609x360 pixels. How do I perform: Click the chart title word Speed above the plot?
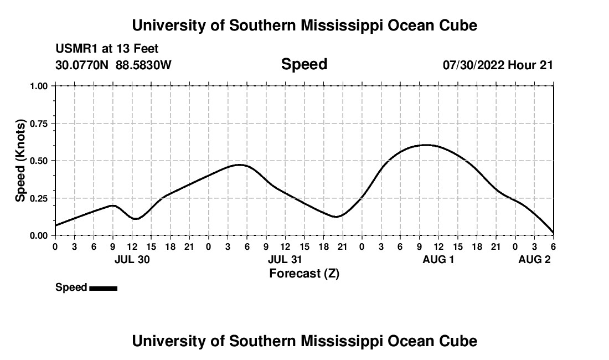(x=304, y=64)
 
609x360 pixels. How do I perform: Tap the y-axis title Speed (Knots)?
(x=20, y=160)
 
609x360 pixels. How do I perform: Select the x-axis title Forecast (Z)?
(x=304, y=273)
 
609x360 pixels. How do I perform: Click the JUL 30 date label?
(x=132, y=259)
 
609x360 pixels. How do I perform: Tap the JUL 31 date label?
(x=285, y=259)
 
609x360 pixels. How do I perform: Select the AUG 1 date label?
(x=438, y=259)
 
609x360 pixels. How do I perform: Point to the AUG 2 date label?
(x=534, y=259)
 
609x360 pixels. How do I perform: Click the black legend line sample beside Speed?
(x=103, y=288)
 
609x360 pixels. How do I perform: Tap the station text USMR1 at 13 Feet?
(x=107, y=49)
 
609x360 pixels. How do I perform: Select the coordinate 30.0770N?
(x=82, y=65)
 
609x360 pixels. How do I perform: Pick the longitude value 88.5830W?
(x=143, y=65)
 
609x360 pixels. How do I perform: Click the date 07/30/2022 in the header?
(x=473, y=65)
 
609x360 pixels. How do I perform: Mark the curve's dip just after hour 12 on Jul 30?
(x=135, y=219)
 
